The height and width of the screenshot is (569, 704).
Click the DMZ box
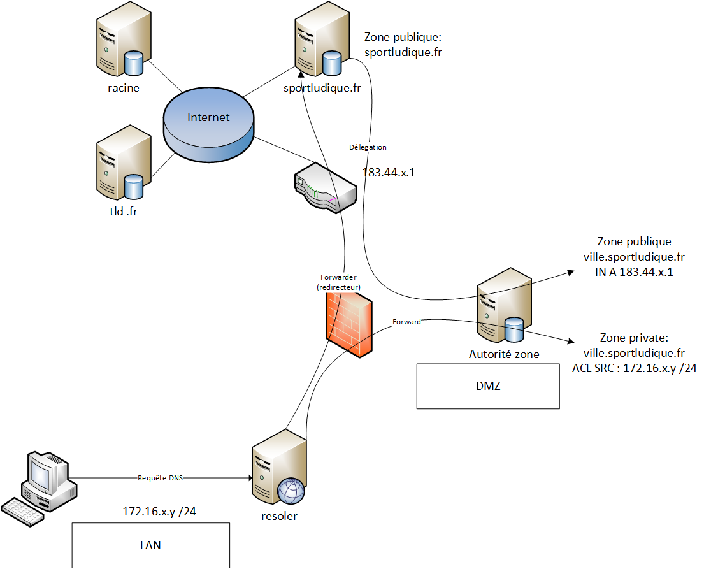(488, 386)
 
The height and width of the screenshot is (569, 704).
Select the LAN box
(150, 545)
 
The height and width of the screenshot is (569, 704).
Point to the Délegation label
(368, 147)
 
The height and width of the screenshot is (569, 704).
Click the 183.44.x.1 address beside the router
(389, 172)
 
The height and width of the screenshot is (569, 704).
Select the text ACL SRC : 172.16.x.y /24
(633, 368)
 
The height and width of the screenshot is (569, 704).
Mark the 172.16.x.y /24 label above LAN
(159, 511)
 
